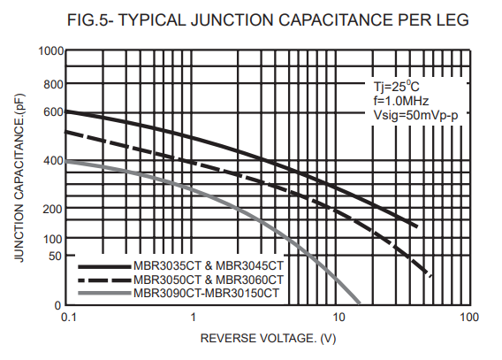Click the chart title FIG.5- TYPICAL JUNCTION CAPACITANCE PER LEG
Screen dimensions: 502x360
point(268,19)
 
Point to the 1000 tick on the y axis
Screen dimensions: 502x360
point(51,51)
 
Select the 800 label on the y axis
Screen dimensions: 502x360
point(53,85)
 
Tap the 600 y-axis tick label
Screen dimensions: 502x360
point(53,112)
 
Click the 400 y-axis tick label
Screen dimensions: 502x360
point(53,160)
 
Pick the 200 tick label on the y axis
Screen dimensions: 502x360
point(53,209)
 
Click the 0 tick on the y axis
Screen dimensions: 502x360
point(57,305)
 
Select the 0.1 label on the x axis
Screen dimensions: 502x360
point(69,317)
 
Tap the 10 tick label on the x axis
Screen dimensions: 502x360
point(338,317)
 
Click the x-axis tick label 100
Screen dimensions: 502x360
point(469,317)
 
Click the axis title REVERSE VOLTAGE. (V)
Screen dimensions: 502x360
point(268,339)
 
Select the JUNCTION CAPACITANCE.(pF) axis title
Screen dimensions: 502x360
point(19,178)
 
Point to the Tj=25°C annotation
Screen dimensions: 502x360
point(396,87)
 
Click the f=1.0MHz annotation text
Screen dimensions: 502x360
point(401,101)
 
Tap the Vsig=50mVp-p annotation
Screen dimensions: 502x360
point(416,115)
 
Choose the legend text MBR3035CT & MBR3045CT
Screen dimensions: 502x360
point(209,266)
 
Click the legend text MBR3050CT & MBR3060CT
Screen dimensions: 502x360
point(209,280)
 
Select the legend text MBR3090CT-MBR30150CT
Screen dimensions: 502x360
point(206,293)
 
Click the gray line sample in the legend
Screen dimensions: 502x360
point(104,293)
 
